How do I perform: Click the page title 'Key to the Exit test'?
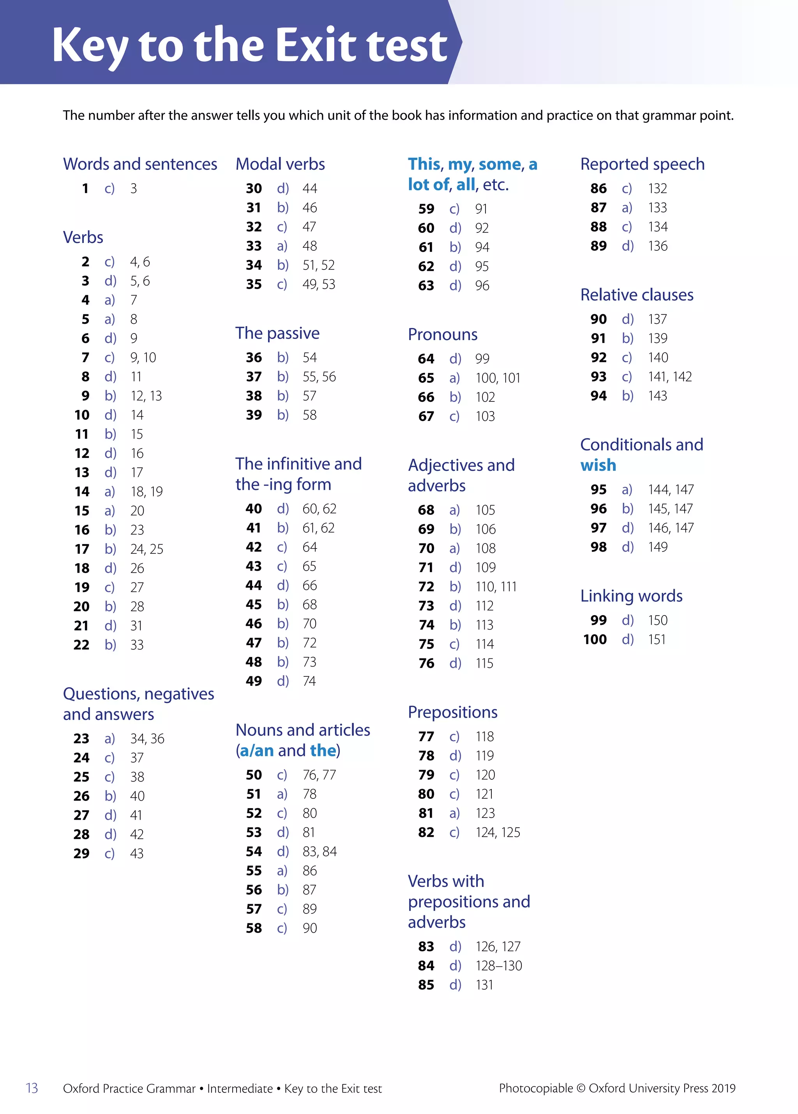click(249, 45)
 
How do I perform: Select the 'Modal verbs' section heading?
click(280, 164)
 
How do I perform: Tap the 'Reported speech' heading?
click(642, 164)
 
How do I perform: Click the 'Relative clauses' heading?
click(637, 295)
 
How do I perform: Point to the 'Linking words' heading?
click(631, 596)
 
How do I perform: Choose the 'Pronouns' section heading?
click(442, 335)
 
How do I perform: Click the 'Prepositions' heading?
click(452, 712)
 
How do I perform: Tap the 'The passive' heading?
click(277, 333)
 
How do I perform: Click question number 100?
click(595, 640)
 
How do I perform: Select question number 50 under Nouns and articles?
click(254, 775)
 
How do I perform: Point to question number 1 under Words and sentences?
click(85, 189)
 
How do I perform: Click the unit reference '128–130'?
click(499, 966)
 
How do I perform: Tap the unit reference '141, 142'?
click(670, 377)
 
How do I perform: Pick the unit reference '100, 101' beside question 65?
click(498, 378)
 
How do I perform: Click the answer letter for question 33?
click(282, 246)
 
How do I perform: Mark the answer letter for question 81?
click(454, 813)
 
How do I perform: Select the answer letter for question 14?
click(109, 492)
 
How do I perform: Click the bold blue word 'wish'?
click(598, 465)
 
